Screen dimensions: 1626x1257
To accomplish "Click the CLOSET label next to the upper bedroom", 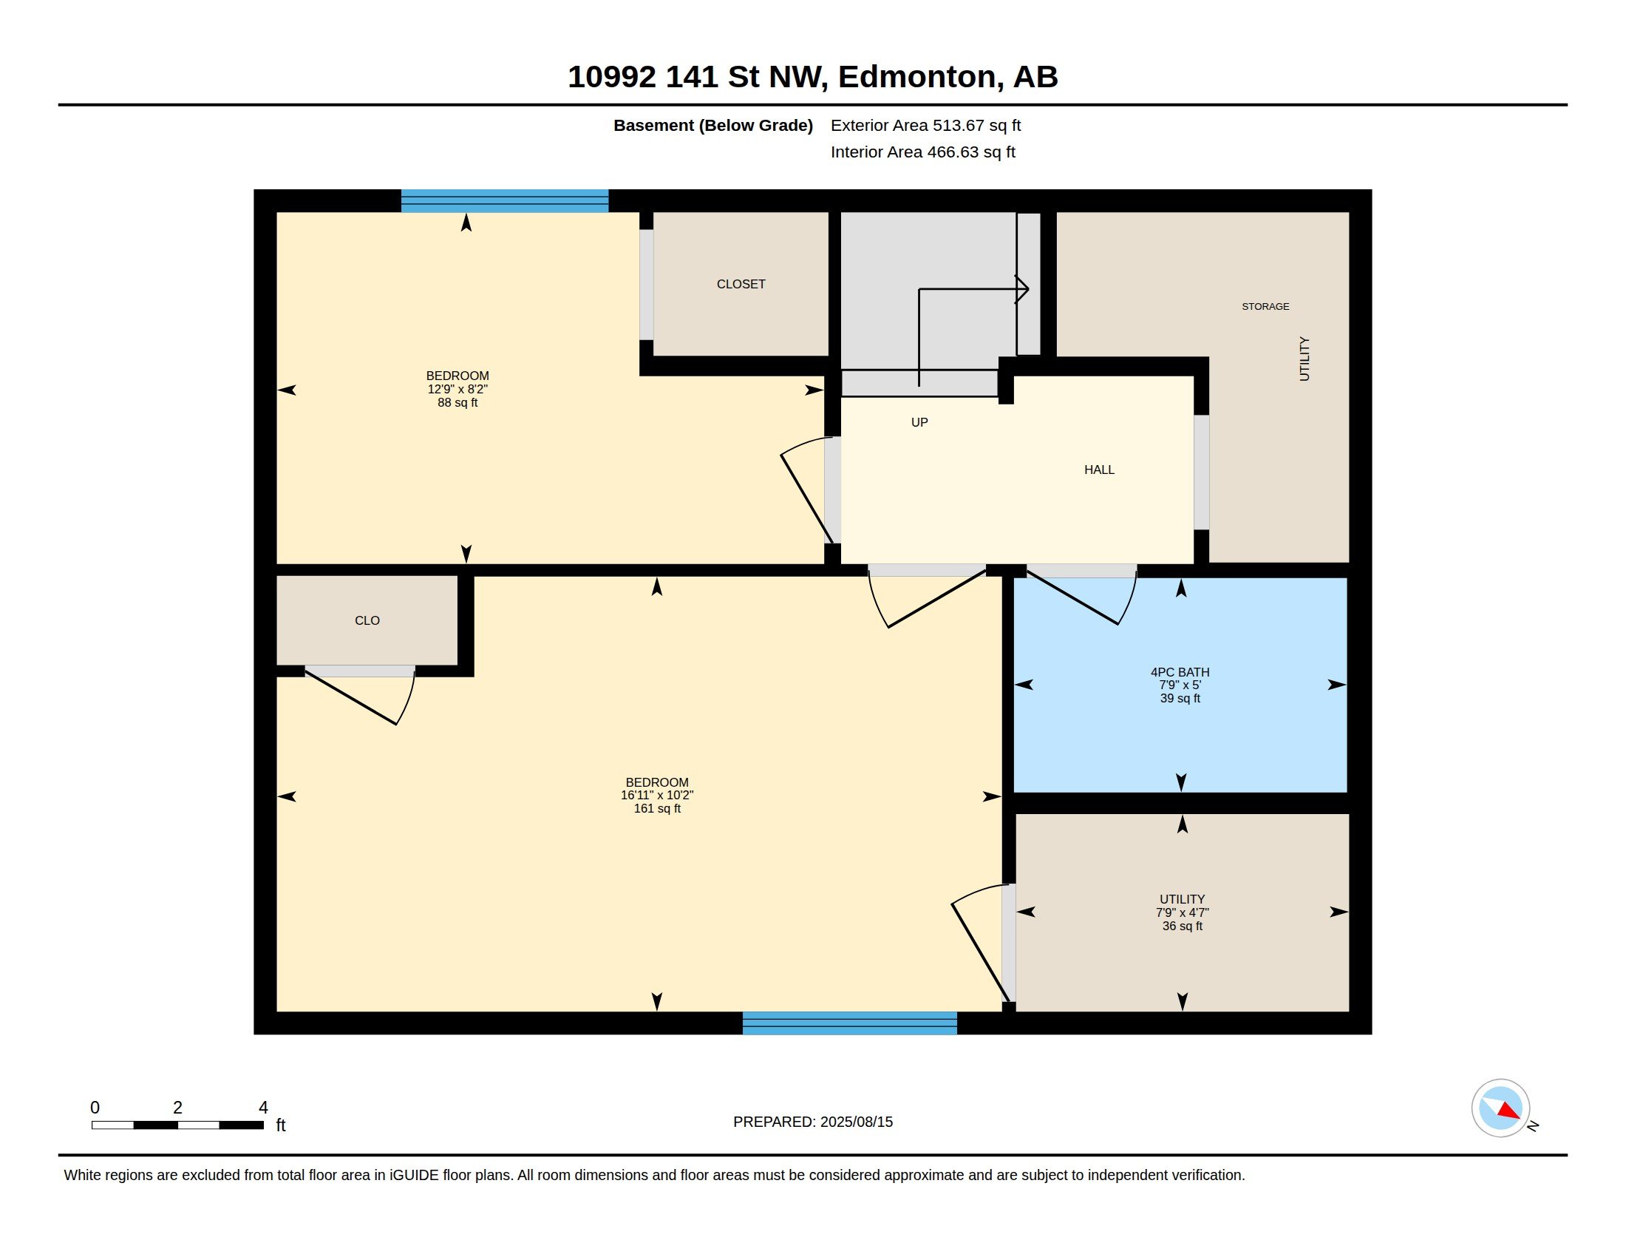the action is pos(741,284).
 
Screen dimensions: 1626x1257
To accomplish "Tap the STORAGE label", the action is pos(1265,306).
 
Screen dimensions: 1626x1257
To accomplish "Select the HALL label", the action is pos(1099,469).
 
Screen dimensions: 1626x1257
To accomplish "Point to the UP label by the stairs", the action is pos(919,422).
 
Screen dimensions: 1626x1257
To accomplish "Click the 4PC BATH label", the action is pos(1180,671).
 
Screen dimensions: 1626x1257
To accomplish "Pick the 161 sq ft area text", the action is pos(656,809).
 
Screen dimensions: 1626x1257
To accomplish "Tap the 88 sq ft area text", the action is pos(457,403).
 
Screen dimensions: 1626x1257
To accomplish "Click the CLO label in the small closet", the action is pos(367,620).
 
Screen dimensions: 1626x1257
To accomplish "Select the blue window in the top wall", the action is pos(505,201).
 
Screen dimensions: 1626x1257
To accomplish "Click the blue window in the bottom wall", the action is pos(849,1023).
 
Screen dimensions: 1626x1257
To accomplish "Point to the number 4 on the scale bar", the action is pos(263,1108).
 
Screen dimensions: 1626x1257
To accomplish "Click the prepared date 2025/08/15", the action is pos(856,1122).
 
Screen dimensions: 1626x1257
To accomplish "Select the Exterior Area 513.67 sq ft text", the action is pos(925,125).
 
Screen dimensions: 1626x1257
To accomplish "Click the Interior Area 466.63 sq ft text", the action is pos(922,152).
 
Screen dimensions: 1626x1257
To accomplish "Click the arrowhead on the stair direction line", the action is pos(1023,289).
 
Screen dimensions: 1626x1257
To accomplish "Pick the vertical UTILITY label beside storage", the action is pos(1304,359).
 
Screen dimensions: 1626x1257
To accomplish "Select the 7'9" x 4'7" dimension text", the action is pos(1183,912).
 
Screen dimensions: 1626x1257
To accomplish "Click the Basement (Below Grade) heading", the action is pos(712,125).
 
